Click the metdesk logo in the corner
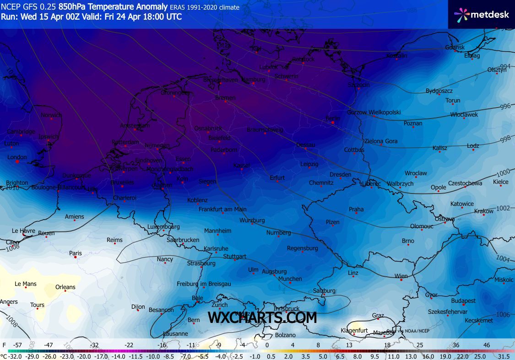click(482, 15)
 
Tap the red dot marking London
click(17, 161)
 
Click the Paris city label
click(75, 253)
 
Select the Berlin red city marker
click(333, 123)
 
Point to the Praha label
click(356, 210)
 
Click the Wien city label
click(401, 276)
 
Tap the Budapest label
click(463, 301)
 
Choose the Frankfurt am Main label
click(222, 210)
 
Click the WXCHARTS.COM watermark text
click(262, 317)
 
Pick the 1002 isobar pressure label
click(503, 208)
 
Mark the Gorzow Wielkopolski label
click(374, 112)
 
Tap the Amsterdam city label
click(135, 126)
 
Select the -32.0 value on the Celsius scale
click(15, 356)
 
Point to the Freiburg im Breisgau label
click(204, 284)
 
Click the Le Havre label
click(23, 231)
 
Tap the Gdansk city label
click(455, 48)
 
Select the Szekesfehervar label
click(447, 312)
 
